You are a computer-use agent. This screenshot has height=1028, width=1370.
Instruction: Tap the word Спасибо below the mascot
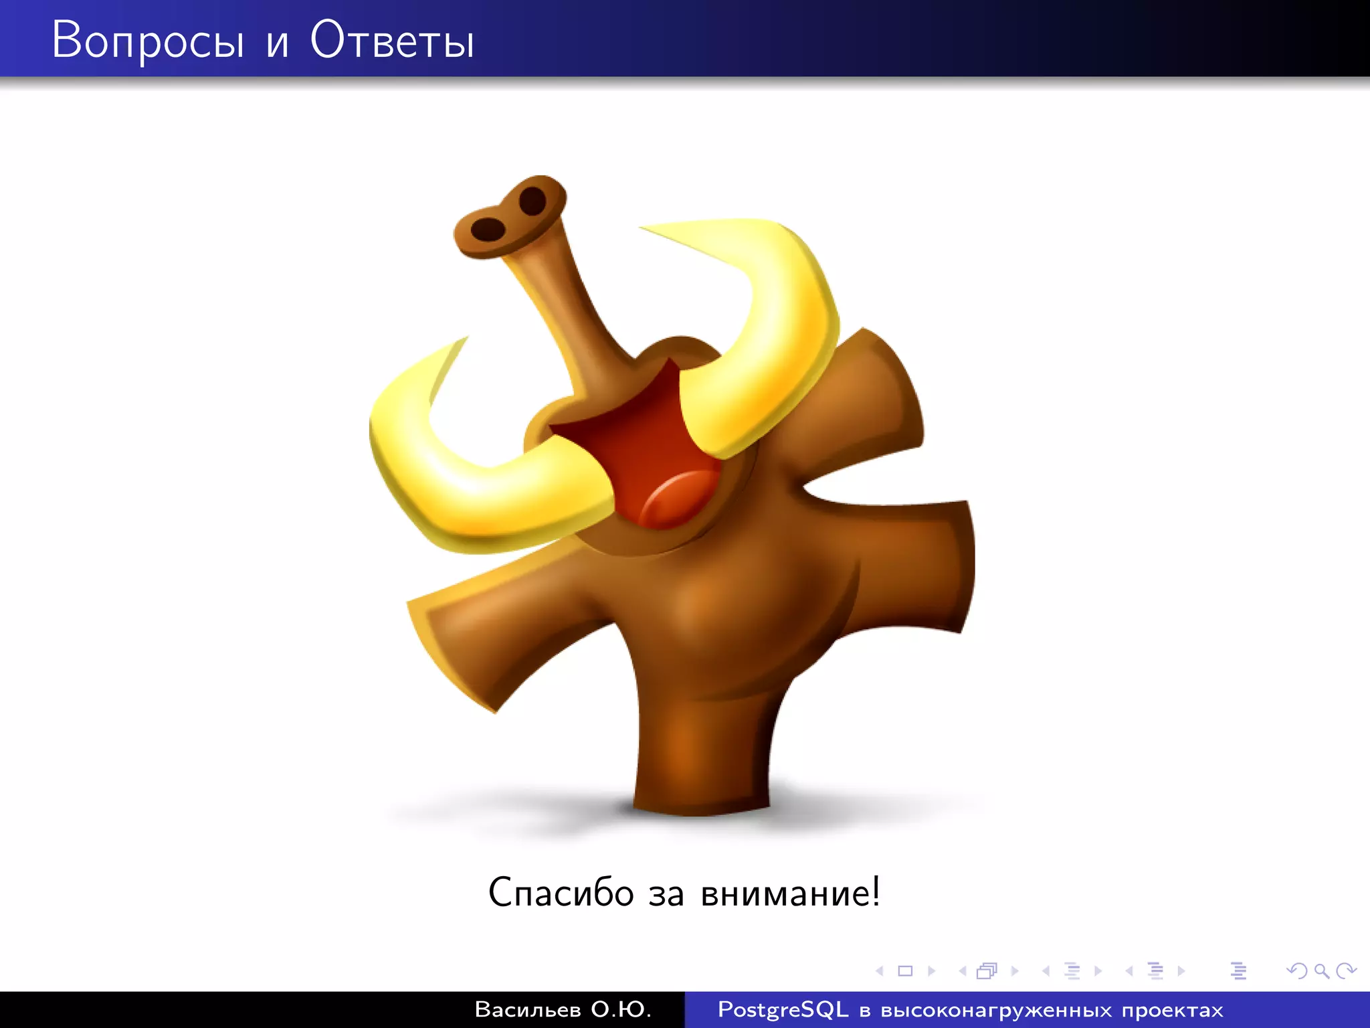pyautogui.click(x=561, y=893)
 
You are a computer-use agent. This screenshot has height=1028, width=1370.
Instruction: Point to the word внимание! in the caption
pyautogui.click(x=790, y=893)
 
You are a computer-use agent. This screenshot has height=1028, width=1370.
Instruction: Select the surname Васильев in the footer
pyautogui.click(x=527, y=1009)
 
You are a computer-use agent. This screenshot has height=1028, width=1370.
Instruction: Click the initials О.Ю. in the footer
pyautogui.click(x=621, y=1009)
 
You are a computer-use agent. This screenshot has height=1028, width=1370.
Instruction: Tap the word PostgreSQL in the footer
pyautogui.click(x=783, y=1009)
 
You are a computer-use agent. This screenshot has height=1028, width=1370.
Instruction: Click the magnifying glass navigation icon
pyautogui.click(x=1321, y=970)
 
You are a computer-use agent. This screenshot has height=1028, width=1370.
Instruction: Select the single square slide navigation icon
pyautogui.click(x=905, y=970)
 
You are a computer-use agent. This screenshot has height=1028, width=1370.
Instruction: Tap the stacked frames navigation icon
pyautogui.click(x=987, y=970)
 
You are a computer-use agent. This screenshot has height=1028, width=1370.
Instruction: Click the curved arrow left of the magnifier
pyautogui.click(x=1296, y=970)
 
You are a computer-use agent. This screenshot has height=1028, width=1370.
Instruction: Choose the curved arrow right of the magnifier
pyautogui.click(x=1346, y=970)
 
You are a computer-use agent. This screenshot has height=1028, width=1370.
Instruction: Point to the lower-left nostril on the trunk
pyautogui.click(x=488, y=229)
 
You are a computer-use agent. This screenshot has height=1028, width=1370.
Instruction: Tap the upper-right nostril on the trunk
pyautogui.click(x=532, y=200)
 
